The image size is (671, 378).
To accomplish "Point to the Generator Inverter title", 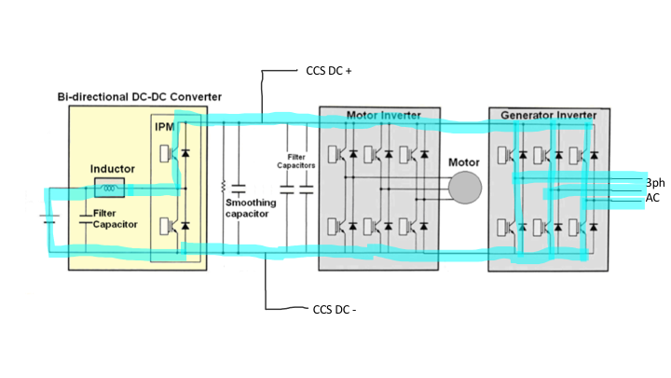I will click(549, 116).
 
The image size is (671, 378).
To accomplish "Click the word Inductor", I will click(113, 170).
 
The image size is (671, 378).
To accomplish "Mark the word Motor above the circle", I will click(463, 161).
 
